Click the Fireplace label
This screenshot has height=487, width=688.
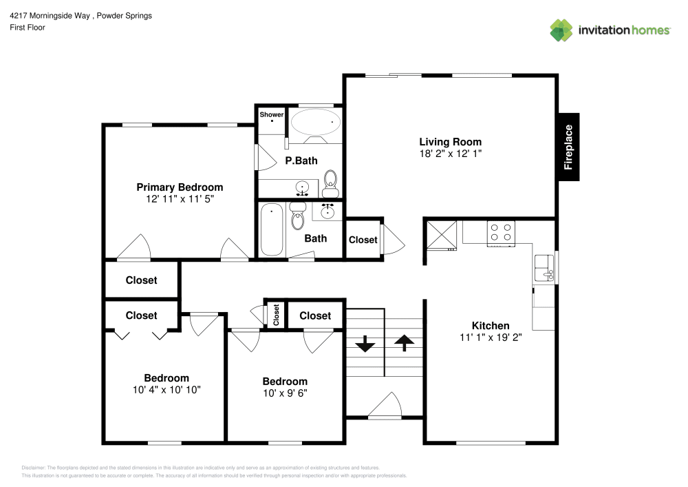[568, 147]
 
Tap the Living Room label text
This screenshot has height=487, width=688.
[451, 142]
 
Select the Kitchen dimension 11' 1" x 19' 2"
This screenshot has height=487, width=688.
[491, 338]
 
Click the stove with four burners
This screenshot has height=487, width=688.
[501, 232]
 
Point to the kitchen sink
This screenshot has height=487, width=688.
[544, 269]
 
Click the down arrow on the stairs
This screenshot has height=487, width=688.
[364, 342]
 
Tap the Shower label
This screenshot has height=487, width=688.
[272, 114]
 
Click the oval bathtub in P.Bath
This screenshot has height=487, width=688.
[316, 123]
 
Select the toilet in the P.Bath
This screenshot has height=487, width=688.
[331, 180]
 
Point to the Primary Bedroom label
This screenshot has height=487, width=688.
[180, 187]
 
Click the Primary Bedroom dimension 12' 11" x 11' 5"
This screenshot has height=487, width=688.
[180, 198]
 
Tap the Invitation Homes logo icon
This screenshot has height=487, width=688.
[561, 30]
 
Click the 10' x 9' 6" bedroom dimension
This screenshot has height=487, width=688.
[285, 393]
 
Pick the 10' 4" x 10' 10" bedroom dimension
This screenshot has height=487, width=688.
[166, 389]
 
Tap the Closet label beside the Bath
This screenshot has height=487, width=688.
[363, 240]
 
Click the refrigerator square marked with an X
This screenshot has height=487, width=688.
[441, 233]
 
